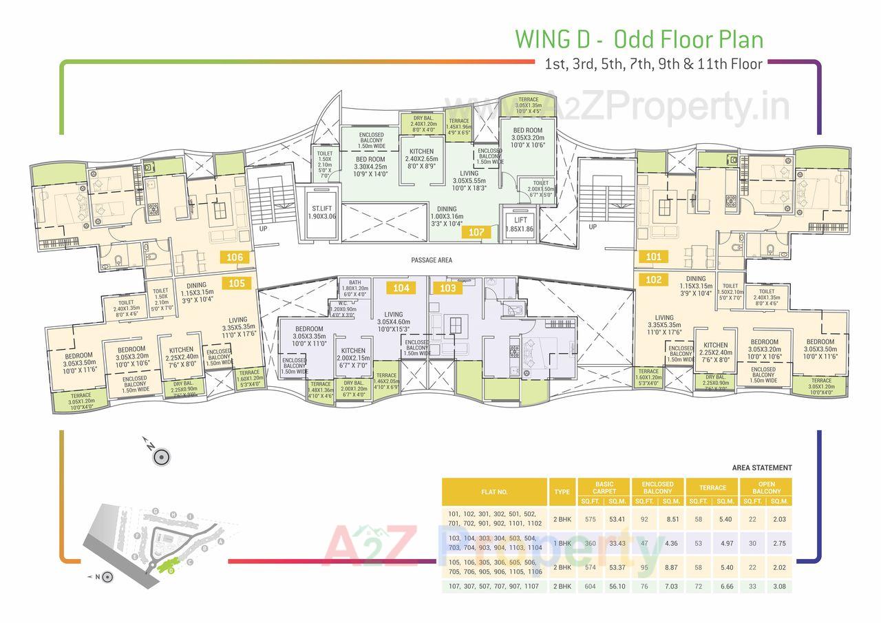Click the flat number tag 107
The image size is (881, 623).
[x=477, y=232]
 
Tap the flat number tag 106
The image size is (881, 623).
[x=236, y=257]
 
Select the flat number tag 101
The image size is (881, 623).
[x=653, y=257]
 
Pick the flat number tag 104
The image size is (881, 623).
[x=401, y=287]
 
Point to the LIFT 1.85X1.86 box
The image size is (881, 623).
[x=520, y=224]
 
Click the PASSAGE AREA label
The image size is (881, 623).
[x=432, y=260]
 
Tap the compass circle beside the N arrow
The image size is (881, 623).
[x=162, y=456]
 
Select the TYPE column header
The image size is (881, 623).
[x=562, y=492]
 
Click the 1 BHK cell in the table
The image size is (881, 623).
[x=562, y=543]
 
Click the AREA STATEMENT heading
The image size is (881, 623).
[x=761, y=468]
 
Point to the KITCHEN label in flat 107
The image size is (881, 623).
[x=421, y=151]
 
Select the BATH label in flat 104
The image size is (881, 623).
[x=355, y=282]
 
